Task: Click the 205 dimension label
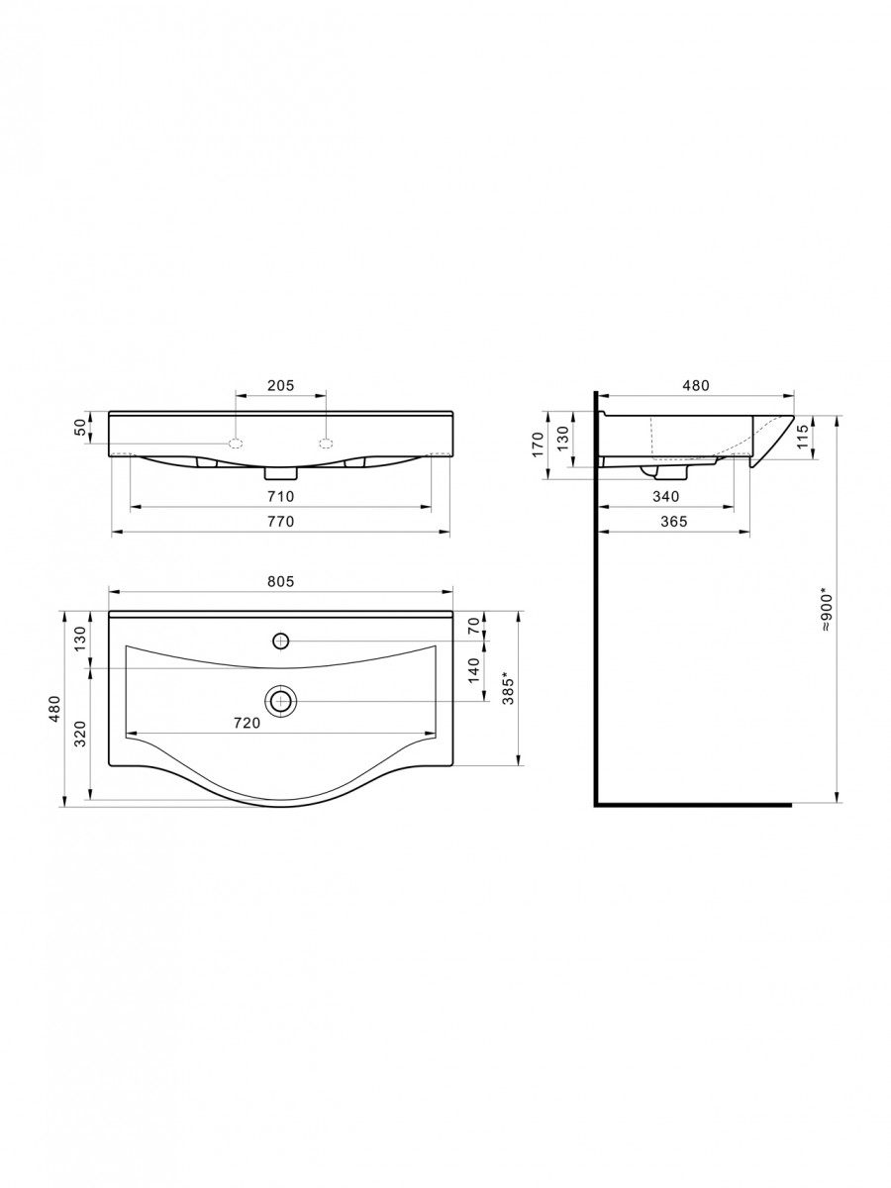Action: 281,385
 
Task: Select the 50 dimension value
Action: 80,428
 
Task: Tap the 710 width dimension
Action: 281,496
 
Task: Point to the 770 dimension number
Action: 281,521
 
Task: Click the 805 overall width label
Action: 281,581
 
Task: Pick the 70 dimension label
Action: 474,626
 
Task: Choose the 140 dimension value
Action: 474,670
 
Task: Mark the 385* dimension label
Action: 508,688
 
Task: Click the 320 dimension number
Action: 80,734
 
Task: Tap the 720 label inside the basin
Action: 247,723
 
